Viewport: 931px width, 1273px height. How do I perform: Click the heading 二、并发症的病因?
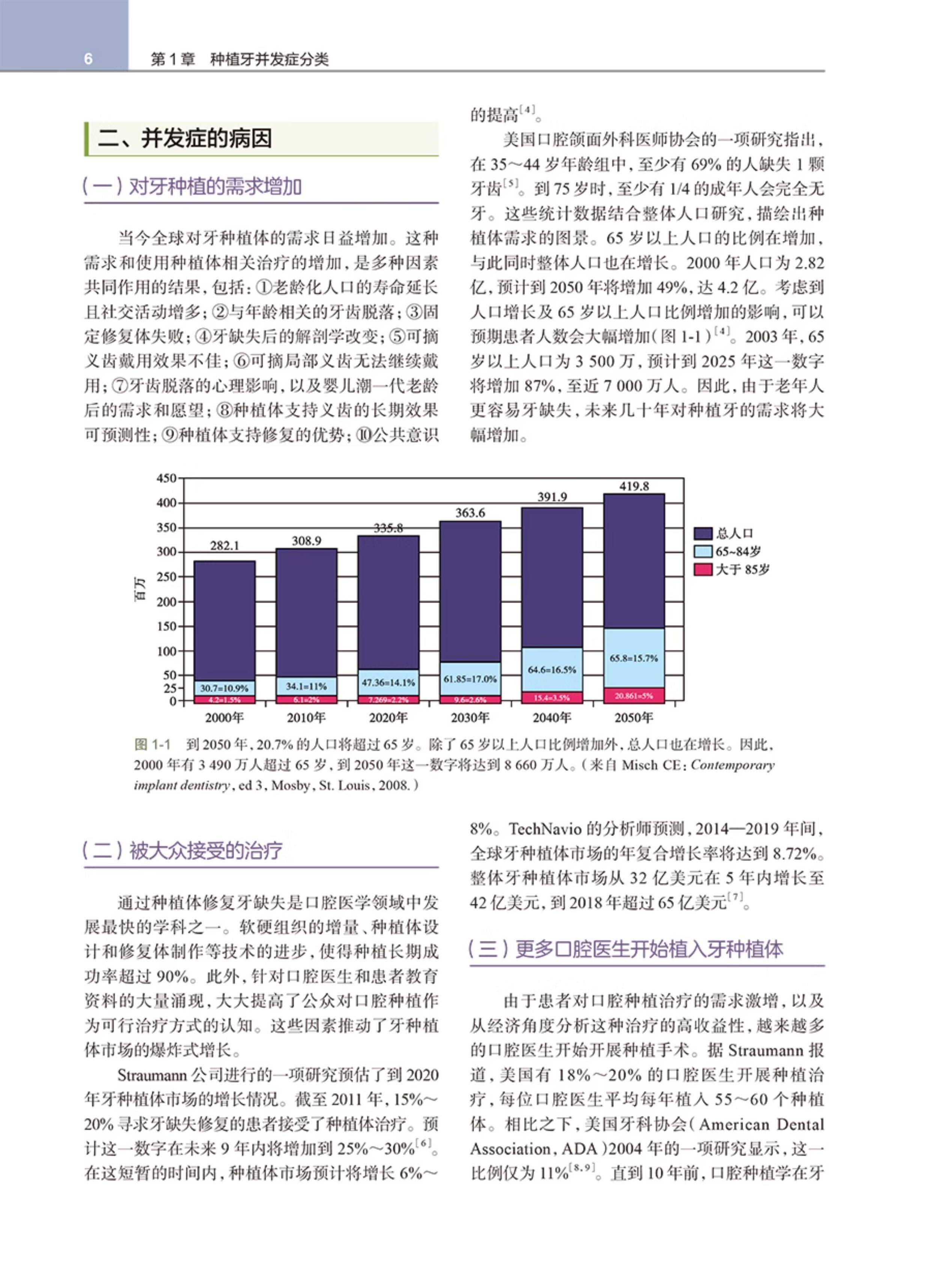pos(185,139)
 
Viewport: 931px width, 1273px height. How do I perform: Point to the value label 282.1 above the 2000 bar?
pos(224,546)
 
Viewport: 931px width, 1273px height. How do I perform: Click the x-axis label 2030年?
pos(470,717)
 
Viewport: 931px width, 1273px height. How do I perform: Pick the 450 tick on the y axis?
pos(166,478)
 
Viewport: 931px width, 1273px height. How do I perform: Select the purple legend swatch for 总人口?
pos(703,533)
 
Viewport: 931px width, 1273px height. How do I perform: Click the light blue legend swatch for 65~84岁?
pos(703,551)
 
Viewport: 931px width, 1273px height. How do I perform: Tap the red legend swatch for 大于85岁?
pos(703,569)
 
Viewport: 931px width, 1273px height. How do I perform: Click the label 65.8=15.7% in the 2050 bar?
pos(633,658)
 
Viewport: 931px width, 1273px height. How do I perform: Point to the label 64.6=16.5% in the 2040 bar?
pos(552,670)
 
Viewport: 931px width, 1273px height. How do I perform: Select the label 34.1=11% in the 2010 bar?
pos(306,686)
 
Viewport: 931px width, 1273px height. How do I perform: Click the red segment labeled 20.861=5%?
pos(633,696)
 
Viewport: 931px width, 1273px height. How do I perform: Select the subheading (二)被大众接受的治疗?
pos(182,851)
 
